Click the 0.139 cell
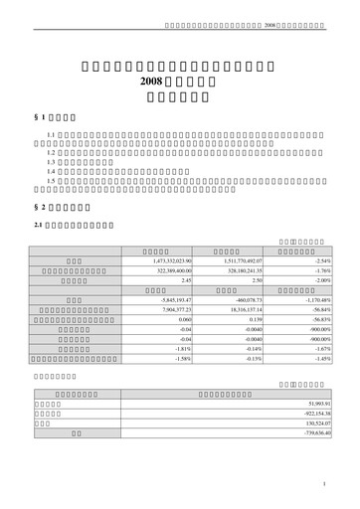click(x=256, y=319)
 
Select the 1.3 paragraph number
click(x=52, y=162)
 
